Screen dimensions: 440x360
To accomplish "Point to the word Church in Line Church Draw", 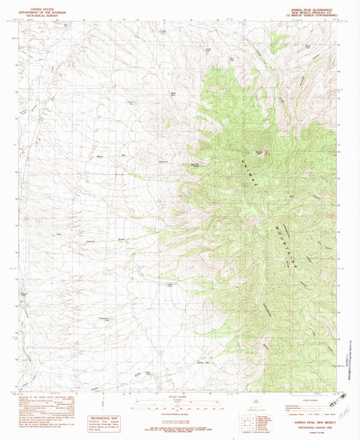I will click(91, 241).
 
